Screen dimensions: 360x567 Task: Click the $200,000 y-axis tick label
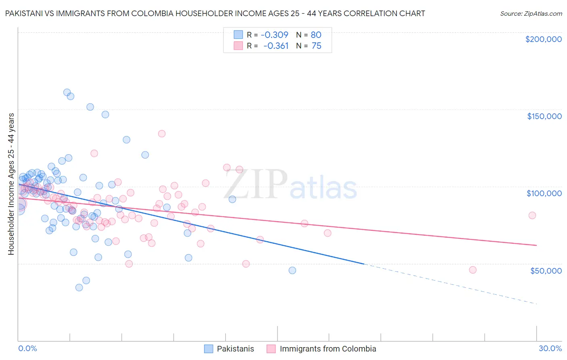click(x=543, y=39)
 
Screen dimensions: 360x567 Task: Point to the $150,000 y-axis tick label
click(x=544, y=116)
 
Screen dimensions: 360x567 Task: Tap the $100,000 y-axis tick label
click(x=544, y=193)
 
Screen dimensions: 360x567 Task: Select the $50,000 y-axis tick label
click(x=546, y=270)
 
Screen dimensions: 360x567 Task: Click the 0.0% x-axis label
click(x=27, y=348)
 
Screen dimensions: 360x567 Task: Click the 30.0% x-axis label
click(x=550, y=348)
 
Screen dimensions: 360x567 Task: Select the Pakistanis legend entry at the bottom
click(x=236, y=349)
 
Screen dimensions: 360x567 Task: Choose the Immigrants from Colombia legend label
click(x=328, y=349)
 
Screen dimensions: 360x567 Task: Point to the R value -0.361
click(x=276, y=46)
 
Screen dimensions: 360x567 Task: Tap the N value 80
click(x=316, y=35)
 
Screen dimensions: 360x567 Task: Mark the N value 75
click(x=317, y=46)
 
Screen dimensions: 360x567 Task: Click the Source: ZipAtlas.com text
click(x=531, y=13)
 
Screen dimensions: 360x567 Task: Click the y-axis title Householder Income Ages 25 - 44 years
click(x=11, y=184)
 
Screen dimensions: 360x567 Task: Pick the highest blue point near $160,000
click(x=67, y=92)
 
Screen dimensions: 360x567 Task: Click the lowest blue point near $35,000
click(x=79, y=287)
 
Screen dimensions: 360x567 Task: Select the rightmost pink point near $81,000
click(x=532, y=216)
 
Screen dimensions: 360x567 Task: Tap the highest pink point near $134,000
click(x=162, y=134)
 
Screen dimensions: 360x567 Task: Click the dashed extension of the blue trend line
click(x=452, y=284)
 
